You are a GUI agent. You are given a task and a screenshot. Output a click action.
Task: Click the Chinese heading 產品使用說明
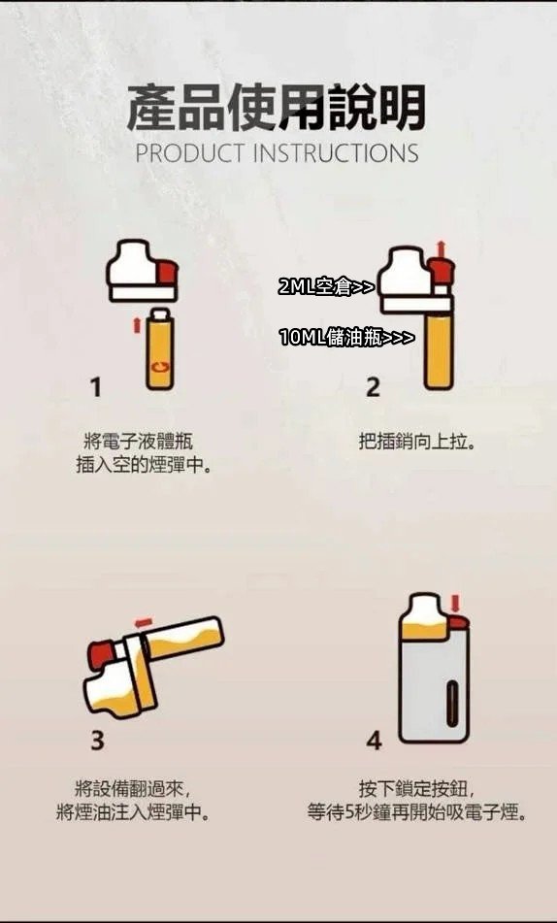click(277, 108)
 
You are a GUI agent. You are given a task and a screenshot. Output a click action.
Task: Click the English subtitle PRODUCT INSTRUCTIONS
click(277, 153)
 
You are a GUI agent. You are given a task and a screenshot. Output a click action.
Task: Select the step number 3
click(97, 740)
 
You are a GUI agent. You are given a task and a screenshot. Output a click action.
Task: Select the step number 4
click(375, 740)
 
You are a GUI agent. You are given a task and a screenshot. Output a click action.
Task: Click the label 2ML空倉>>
click(326, 286)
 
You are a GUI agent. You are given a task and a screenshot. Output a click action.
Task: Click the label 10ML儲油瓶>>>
click(346, 337)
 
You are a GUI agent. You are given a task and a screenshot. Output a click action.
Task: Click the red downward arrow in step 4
click(454, 602)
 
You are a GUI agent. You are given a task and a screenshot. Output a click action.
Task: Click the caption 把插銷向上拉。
click(416, 442)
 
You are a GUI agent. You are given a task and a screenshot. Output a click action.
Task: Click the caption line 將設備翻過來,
click(132, 787)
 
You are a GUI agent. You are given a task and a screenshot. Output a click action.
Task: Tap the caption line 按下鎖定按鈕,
click(416, 787)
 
